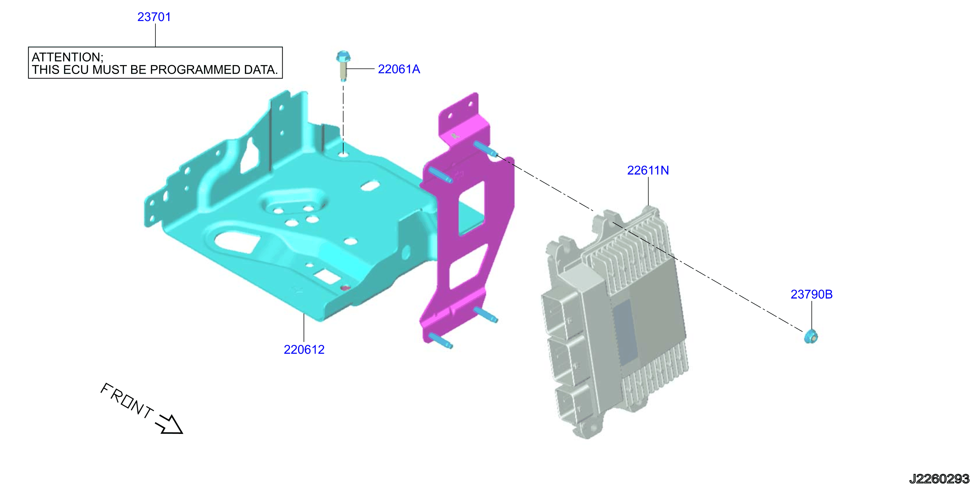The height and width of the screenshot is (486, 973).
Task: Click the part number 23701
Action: pyautogui.click(x=154, y=17)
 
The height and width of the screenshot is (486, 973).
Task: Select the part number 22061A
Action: pyautogui.click(x=399, y=69)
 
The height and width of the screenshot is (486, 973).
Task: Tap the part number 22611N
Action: pyautogui.click(x=648, y=171)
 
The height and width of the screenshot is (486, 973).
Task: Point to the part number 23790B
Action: pyautogui.click(x=811, y=294)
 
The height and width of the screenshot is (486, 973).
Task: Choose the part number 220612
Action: pyautogui.click(x=304, y=349)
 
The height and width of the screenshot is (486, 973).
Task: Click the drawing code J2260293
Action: pyautogui.click(x=939, y=479)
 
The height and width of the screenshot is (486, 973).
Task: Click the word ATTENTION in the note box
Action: pyautogui.click(x=67, y=57)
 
